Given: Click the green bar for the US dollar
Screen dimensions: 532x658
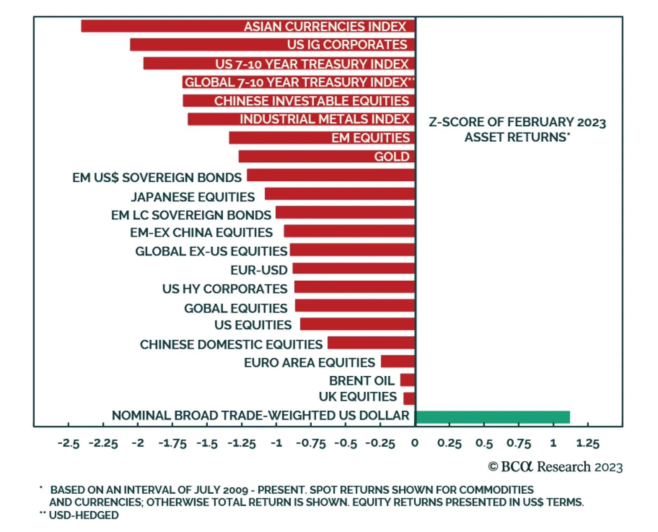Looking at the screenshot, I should (x=492, y=417).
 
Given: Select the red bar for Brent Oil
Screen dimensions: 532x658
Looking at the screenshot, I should (x=408, y=380).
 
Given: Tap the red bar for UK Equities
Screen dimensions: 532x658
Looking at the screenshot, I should (x=409, y=398).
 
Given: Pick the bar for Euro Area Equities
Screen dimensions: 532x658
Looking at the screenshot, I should (x=398, y=361).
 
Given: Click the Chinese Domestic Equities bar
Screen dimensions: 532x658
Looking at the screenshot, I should (x=371, y=343).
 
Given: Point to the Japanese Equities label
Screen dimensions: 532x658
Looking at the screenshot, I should (x=193, y=197).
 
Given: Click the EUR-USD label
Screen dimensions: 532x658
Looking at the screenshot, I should (x=259, y=270).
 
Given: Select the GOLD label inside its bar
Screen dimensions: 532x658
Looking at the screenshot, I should (x=392, y=157).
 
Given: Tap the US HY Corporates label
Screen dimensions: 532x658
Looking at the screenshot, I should (x=225, y=289).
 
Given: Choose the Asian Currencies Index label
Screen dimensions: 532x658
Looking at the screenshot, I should (x=325, y=27).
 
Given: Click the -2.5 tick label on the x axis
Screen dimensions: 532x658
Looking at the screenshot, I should (x=68, y=443).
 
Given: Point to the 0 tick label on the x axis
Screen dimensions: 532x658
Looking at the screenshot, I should (x=415, y=443).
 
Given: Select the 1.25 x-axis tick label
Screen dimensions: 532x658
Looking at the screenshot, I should (x=588, y=443).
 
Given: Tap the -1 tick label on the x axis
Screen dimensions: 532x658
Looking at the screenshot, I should (x=276, y=443).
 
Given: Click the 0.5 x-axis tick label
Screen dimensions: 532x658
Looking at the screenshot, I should (x=484, y=443).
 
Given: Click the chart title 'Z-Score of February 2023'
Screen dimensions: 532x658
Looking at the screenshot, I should (x=517, y=122).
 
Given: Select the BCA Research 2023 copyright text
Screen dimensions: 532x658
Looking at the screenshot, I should (x=555, y=467).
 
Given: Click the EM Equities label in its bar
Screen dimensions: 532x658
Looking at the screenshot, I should (x=371, y=138).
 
